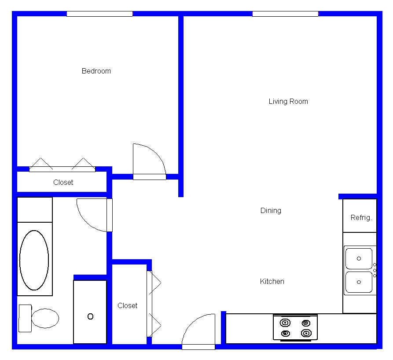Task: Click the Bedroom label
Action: [96, 71]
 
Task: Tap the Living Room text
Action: [288, 102]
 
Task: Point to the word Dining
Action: [271, 210]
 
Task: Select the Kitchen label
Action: [272, 281]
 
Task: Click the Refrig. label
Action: [361, 217]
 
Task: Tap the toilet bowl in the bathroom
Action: [45, 318]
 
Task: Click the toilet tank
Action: [26, 318]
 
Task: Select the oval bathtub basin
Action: [34, 260]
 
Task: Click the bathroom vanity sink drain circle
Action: [91, 316]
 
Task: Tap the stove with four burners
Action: [295, 328]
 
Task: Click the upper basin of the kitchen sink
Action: [359, 258]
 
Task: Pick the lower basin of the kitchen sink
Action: [359, 282]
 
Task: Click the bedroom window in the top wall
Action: [99, 14]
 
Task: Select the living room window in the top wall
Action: [285, 14]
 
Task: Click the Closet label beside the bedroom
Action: [63, 182]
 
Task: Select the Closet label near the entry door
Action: [127, 305]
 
